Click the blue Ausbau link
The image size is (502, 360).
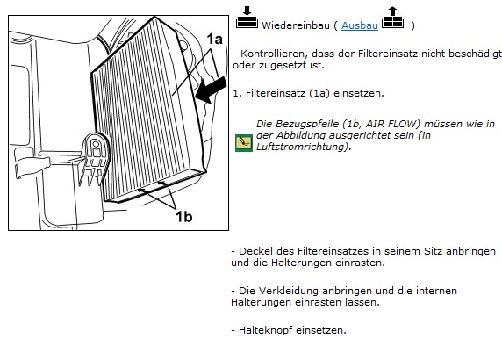point(360,25)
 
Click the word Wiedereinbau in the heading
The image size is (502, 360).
point(296,25)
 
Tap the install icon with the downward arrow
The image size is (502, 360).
point(247,18)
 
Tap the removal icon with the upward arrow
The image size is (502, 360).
point(393,18)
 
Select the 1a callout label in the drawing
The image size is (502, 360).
point(214,39)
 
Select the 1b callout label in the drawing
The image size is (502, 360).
point(184,217)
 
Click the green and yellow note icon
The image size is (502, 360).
point(244,143)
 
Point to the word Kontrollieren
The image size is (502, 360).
point(272,54)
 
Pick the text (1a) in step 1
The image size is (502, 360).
point(319,93)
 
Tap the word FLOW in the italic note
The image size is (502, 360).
point(404,124)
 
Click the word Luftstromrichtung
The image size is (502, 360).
point(302,147)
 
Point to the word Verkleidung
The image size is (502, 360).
point(288,291)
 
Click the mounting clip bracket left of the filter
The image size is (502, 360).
point(95,159)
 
